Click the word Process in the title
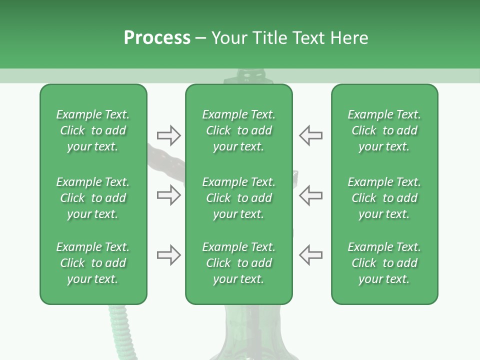coord(157,38)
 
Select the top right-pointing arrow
coord(168,135)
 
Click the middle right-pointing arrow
coord(168,195)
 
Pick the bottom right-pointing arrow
coord(168,255)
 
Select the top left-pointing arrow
coord(310,135)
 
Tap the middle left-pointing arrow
coord(310,195)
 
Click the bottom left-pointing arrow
coord(310,255)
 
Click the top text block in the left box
coord(93,130)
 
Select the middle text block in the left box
coord(93,198)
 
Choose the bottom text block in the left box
coord(93,263)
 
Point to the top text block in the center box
coord(238,130)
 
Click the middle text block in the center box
coord(238,198)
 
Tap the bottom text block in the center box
coord(238,263)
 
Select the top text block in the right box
coord(384,130)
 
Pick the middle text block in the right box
coord(384,198)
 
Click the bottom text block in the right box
coord(384,263)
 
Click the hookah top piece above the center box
coord(248,77)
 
